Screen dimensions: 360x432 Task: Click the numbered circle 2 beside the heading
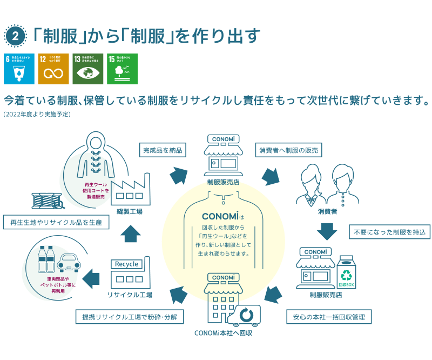click(15, 36)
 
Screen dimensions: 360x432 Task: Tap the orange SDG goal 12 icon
click(53, 69)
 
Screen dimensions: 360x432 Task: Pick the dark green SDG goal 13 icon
click(88, 69)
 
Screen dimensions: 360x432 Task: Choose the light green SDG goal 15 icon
click(123, 69)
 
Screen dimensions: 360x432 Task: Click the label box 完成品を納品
click(163, 150)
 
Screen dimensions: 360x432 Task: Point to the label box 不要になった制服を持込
click(389, 232)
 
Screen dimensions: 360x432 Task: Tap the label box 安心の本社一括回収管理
click(329, 316)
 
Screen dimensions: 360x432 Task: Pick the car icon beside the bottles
click(69, 263)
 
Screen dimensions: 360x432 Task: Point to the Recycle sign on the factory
click(127, 264)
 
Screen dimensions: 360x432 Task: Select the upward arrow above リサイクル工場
click(131, 234)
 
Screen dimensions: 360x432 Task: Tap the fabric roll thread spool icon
click(47, 202)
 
